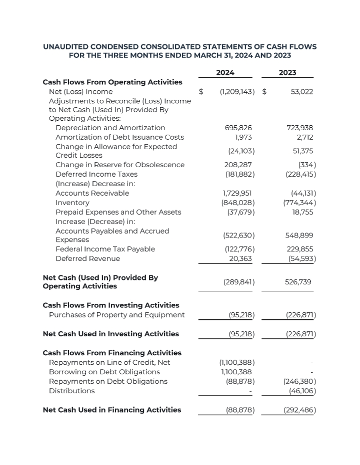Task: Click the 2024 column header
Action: [225, 73]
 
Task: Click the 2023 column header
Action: [287, 73]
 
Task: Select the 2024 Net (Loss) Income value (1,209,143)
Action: [237, 92]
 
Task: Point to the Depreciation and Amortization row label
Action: [110, 128]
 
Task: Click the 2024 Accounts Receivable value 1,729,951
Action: [237, 194]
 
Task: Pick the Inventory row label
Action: [72, 203]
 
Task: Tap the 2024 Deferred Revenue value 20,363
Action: [240, 259]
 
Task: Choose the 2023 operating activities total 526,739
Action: [299, 282]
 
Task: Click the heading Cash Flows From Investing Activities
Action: [111, 305]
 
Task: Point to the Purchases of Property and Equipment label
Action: [116, 315]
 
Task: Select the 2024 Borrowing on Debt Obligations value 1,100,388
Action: [236, 372]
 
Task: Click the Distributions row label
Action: [71, 391]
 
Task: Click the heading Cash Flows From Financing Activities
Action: [112, 353]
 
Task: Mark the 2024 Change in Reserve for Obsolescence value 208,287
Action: [238, 165]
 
